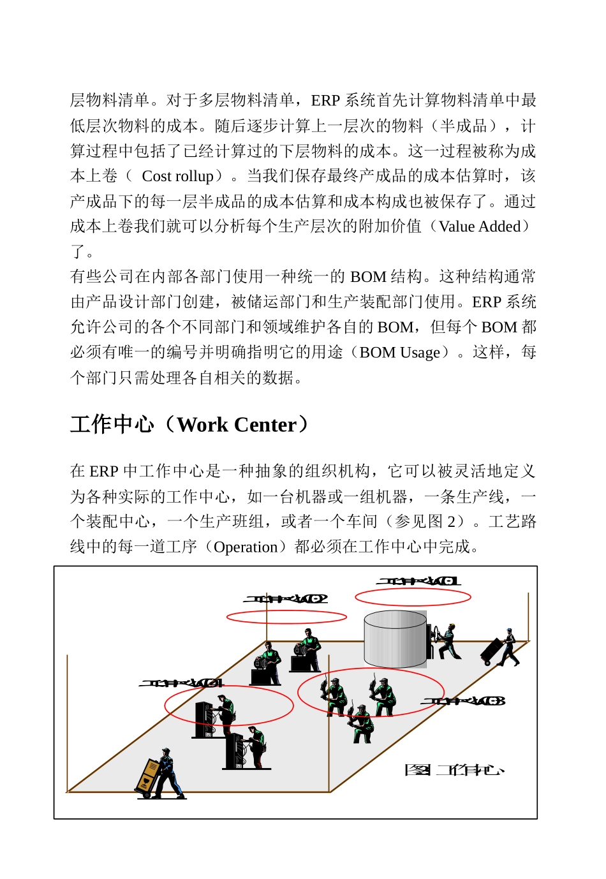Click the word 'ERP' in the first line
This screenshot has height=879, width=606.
click(325, 100)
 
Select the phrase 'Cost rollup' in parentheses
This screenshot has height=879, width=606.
click(177, 176)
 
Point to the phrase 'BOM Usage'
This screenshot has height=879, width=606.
click(400, 352)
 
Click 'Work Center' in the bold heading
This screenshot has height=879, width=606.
click(237, 425)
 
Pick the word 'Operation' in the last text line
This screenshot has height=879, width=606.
click(246, 547)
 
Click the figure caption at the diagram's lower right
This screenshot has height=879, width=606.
click(454, 770)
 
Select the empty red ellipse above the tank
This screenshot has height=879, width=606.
click(413, 597)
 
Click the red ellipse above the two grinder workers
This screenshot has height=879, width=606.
click(286, 617)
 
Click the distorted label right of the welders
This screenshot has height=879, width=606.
click(462, 701)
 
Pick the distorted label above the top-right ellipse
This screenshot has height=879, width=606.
click(418, 581)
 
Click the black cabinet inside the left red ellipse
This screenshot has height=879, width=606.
click(204, 720)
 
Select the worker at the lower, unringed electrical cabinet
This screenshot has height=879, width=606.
click(256, 746)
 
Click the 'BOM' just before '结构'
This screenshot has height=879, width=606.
click(368, 277)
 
